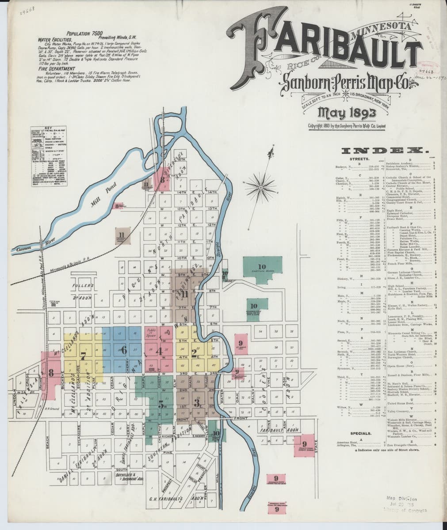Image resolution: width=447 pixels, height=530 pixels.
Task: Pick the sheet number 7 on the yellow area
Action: (x=83, y=352)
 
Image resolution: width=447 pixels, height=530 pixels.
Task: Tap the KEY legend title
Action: (x=49, y=129)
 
